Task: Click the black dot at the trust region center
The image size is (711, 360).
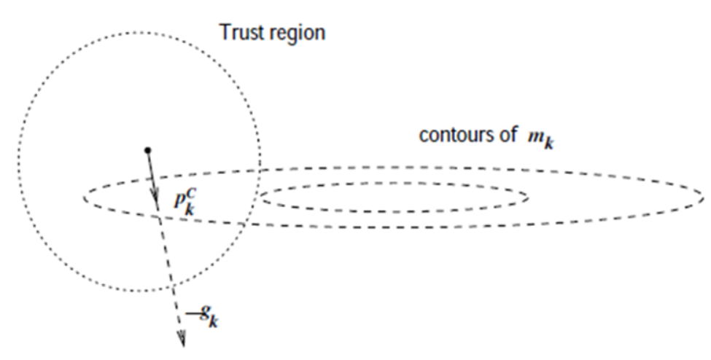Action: pyautogui.click(x=148, y=150)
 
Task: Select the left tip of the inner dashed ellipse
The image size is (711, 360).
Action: pyautogui.click(x=260, y=197)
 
